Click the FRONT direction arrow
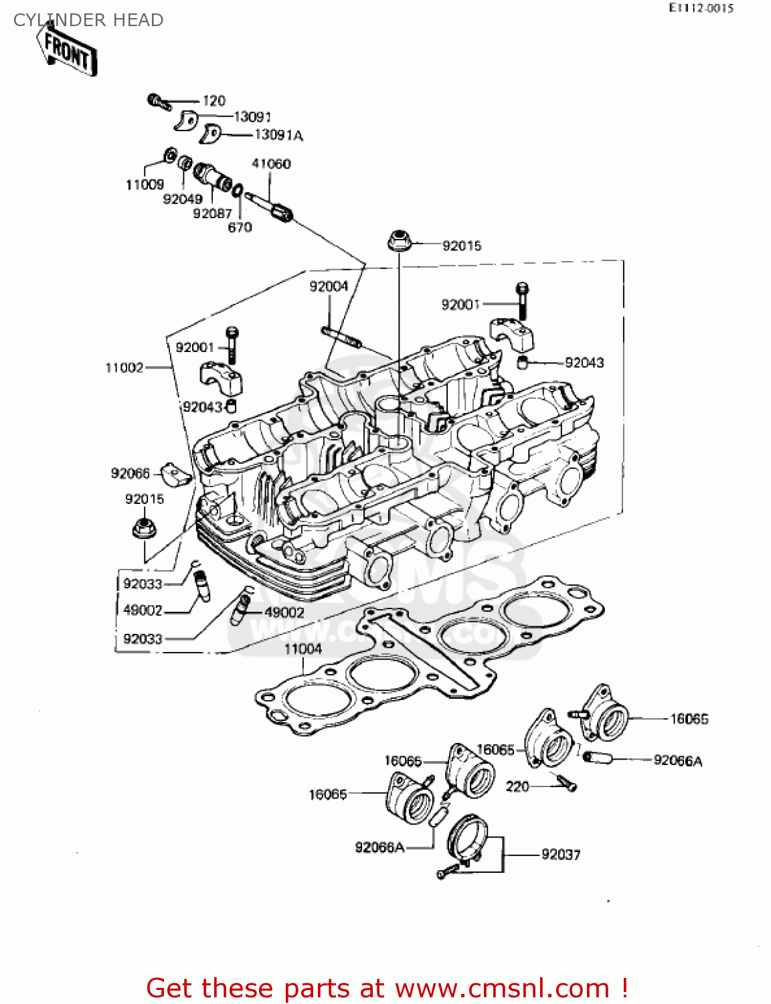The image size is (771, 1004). point(68,52)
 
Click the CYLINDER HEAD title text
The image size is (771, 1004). point(88,20)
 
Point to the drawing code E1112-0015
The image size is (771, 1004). point(701,8)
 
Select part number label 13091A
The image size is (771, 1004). point(278,135)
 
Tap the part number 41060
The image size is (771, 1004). point(271,164)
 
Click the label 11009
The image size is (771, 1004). point(145,185)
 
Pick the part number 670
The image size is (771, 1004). point(240,228)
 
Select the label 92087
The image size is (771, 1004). point(212,214)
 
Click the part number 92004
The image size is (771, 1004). point(329,286)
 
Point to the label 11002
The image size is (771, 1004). point(124,367)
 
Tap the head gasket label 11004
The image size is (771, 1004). point(303,649)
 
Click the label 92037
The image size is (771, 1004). point(561,855)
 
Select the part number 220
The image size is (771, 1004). point(517,786)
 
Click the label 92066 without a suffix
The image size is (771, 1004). point(130,474)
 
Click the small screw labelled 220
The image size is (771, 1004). point(566,782)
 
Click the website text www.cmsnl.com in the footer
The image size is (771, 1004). point(502,988)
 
